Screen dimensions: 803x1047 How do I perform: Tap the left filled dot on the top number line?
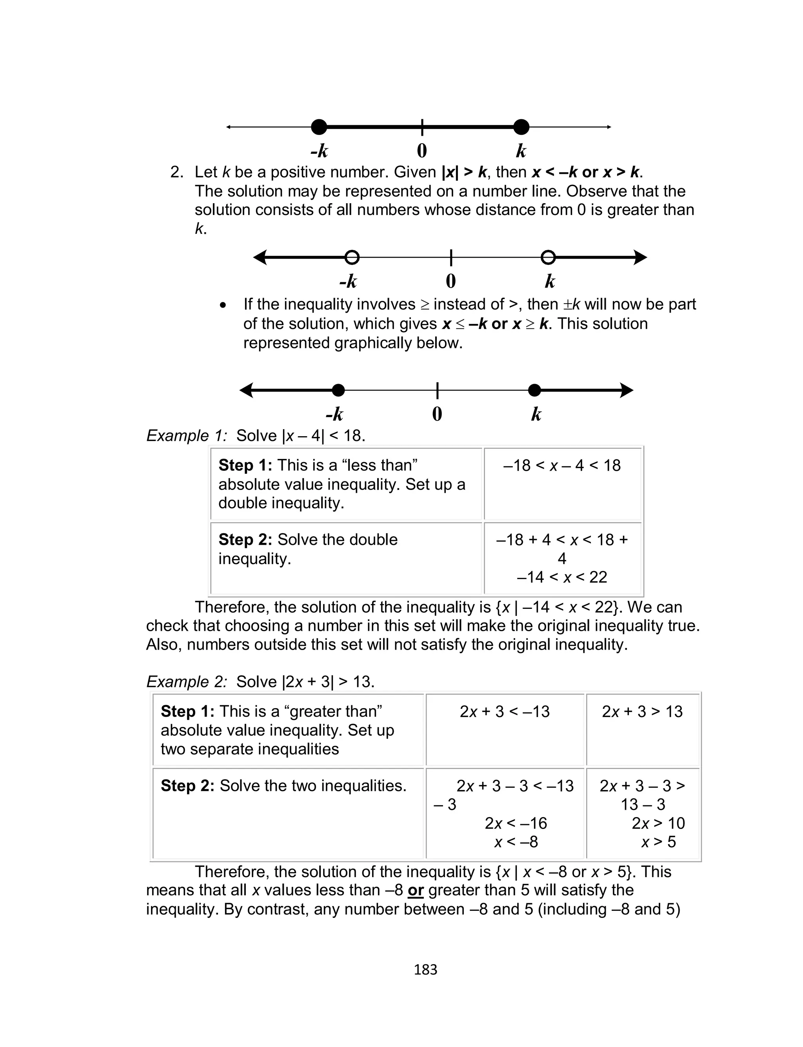319,127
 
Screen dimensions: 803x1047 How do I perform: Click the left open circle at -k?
352,257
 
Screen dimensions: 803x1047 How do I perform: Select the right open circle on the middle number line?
548,257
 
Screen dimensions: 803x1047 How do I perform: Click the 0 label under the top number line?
421,151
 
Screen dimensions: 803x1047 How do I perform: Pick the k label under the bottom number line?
536,414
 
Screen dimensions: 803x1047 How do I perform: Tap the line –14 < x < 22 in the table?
562,577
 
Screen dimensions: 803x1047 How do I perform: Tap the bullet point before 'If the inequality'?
223,305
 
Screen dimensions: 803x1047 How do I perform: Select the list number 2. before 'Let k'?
177,172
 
